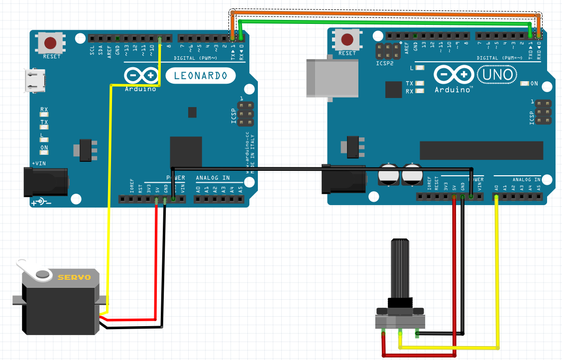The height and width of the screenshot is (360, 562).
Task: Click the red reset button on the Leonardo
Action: (x=50, y=43)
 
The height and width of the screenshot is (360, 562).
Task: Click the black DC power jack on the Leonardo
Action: (x=46, y=182)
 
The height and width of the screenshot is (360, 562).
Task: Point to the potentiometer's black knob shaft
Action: (x=401, y=269)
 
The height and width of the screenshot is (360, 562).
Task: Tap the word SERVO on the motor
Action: (x=74, y=277)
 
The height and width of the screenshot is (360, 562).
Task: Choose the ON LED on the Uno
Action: (x=524, y=84)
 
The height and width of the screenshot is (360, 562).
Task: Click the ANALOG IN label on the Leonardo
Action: (x=213, y=178)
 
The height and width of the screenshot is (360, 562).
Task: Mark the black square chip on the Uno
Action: (x=393, y=90)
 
